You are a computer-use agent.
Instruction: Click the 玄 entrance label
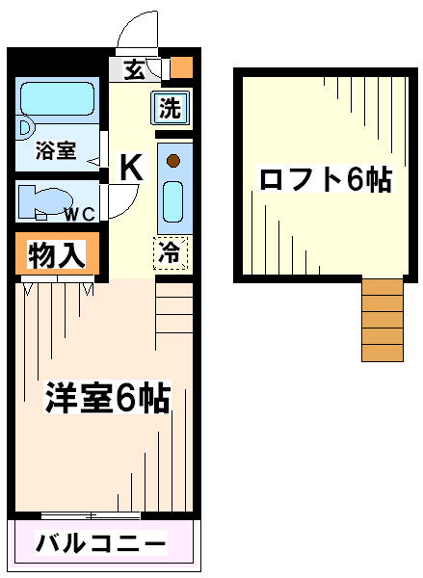(134, 69)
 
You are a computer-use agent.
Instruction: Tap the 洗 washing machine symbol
(170, 108)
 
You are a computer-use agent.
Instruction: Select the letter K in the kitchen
(132, 167)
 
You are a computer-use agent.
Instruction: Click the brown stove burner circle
(173, 161)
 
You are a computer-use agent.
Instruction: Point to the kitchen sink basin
(173, 201)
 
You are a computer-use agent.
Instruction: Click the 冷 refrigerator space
(171, 252)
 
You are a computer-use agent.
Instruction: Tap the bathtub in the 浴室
(57, 99)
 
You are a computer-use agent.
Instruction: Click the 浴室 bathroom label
(56, 150)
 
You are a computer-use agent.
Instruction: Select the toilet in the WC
(44, 201)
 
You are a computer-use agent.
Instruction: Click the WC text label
(80, 214)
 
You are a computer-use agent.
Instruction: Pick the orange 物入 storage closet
(57, 253)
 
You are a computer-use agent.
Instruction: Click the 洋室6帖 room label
(107, 398)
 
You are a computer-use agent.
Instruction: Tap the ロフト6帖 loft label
(326, 179)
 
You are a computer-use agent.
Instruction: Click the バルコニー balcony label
(100, 542)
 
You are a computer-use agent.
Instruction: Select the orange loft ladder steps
(383, 320)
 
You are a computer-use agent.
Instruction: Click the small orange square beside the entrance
(181, 67)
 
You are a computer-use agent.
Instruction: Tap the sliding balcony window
(91, 515)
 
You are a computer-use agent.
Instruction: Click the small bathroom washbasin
(25, 129)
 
